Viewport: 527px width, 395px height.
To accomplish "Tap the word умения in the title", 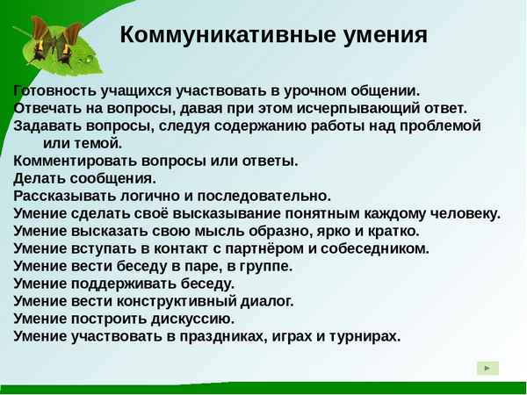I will (x=385, y=36).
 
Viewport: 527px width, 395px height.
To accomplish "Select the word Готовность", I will (x=55, y=90).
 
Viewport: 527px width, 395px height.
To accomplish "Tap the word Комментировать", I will (x=70, y=161).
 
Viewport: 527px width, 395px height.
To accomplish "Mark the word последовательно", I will (x=269, y=196).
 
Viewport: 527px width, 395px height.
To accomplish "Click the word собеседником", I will (x=375, y=248).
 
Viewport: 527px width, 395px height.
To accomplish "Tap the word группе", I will (x=263, y=266).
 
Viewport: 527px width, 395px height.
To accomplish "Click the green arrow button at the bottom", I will (x=487, y=368).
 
